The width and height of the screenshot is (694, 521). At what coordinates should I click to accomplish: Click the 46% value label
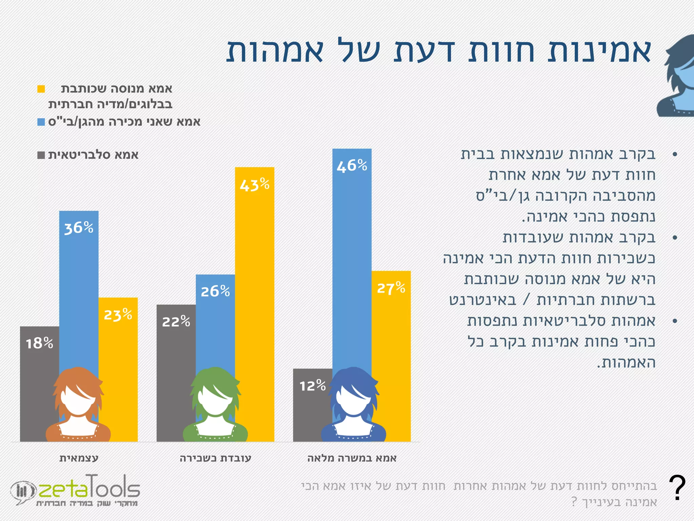352,166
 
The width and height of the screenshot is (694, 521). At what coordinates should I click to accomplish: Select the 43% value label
254,185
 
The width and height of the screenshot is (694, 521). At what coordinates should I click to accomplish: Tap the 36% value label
79,228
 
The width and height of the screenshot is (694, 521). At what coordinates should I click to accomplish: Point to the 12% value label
312,386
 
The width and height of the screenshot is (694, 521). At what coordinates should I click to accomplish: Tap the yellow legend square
41,89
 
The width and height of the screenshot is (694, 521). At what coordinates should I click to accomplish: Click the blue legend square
41,122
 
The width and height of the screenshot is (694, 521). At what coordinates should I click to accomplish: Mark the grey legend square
41,155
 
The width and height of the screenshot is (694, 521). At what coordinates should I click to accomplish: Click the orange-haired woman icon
78,405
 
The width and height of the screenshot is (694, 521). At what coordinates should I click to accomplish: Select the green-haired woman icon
215,405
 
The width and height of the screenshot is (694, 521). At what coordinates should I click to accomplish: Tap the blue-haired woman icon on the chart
353,405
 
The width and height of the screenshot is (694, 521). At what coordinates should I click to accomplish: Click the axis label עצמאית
79,458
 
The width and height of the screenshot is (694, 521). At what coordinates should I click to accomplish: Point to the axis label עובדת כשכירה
216,458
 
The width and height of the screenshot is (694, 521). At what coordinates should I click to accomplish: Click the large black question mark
677,488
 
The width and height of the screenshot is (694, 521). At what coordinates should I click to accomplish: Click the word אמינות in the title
600,51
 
